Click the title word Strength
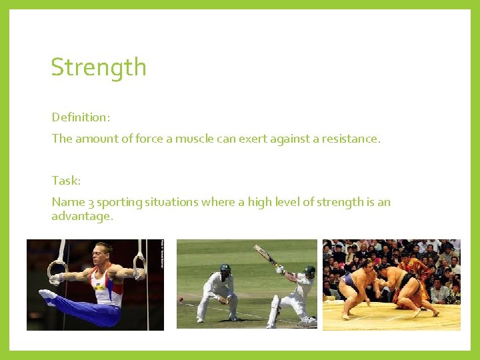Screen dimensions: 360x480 [x=99, y=68]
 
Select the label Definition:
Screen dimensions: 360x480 [x=81, y=117]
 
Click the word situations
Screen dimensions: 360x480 [x=179, y=202]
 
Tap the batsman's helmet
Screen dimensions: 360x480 [x=308, y=271]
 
